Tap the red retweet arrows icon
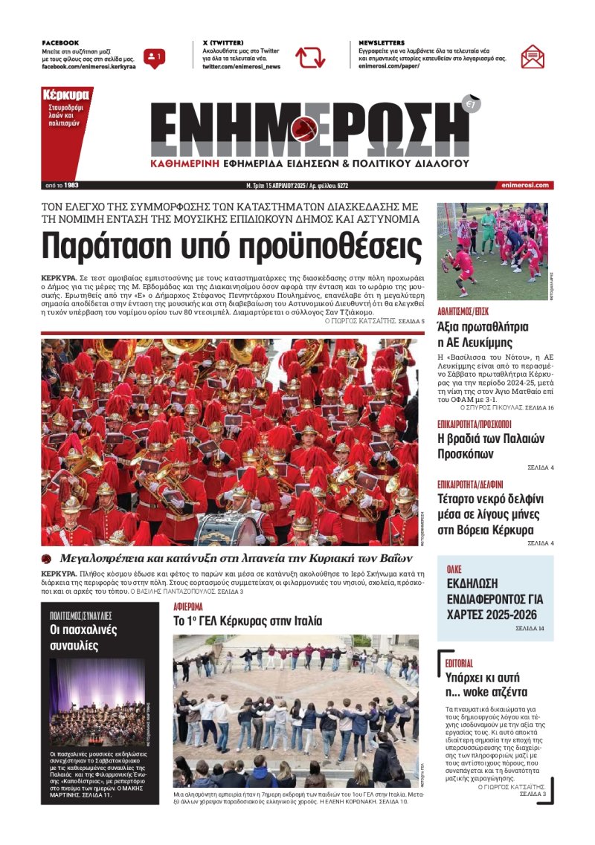(309, 57)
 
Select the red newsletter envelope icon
(532, 56)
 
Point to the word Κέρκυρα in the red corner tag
(66, 95)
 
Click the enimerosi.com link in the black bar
(525, 185)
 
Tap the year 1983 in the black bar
(71, 185)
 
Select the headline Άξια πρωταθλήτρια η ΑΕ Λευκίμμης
(483, 334)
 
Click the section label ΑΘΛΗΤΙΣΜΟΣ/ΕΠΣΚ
(463, 311)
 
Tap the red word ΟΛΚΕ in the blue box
(454, 569)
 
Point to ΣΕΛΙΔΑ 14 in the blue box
(530, 629)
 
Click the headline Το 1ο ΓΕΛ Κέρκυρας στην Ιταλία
(248, 620)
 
